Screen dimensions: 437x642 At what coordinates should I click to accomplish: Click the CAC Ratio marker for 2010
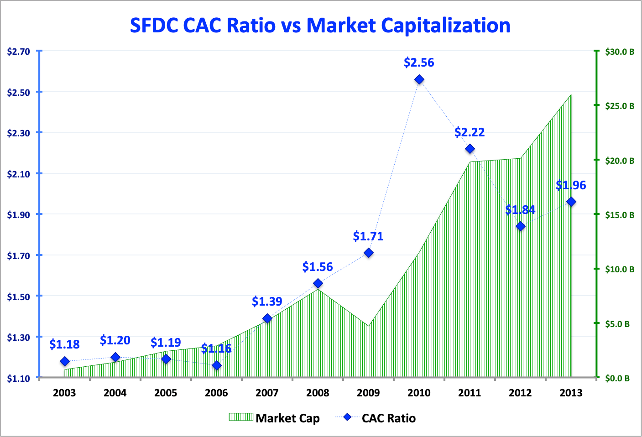[419, 80]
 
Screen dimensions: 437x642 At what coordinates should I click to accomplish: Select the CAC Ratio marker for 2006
[217, 365]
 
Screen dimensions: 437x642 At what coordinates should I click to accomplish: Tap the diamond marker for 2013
[571, 202]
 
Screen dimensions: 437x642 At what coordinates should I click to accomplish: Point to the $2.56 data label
[419, 62]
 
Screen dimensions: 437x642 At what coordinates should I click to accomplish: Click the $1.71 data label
[368, 236]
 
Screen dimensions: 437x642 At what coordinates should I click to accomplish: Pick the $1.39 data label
[267, 302]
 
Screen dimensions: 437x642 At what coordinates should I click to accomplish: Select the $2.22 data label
[470, 132]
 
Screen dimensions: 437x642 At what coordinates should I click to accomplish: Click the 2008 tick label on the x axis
[318, 393]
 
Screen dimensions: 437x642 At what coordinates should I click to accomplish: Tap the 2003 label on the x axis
[64, 393]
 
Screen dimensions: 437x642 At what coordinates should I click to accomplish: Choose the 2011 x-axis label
[470, 393]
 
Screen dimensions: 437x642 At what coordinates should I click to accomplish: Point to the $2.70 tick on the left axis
[19, 52]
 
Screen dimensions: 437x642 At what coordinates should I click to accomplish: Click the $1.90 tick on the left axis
[19, 215]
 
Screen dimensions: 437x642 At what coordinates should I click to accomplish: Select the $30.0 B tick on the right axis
[620, 52]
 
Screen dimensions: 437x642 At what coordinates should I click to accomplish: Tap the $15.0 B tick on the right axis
[620, 215]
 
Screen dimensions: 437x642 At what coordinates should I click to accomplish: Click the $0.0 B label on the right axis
[617, 379]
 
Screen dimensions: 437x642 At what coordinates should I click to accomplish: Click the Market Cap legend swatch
[240, 417]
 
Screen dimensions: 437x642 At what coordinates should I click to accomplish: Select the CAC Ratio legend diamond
[348, 417]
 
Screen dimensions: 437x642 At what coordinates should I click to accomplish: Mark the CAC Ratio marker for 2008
[318, 284]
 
